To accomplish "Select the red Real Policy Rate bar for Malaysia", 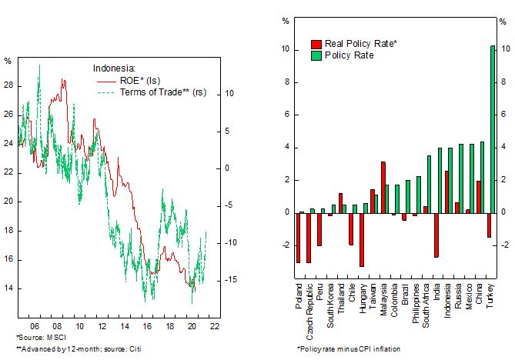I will (x=383, y=187).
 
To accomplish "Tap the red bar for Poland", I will (x=298, y=237).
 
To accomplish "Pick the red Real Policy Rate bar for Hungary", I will (x=361, y=239).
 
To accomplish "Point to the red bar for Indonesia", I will (x=446, y=192).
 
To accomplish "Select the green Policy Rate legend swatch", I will (x=316, y=56).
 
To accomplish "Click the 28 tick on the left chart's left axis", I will (x=8, y=85).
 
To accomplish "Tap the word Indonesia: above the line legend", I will (x=114, y=67).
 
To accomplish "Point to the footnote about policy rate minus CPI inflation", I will (x=349, y=348).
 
